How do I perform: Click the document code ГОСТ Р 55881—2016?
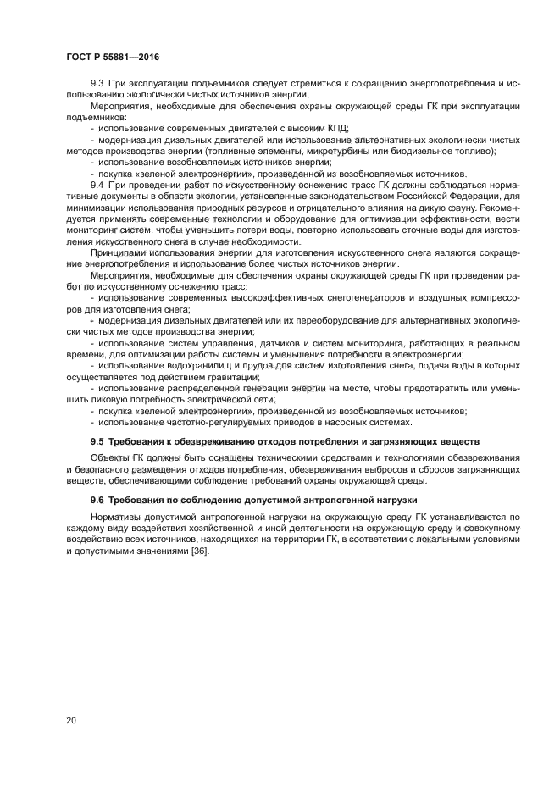pos(112,56)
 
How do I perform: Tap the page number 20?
pos(71,720)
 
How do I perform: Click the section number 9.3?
pos(97,84)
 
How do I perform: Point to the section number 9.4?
pos(97,185)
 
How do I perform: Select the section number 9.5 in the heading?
pos(97,441)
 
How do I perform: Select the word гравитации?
pos(230,376)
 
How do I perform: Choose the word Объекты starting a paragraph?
pos(110,458)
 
